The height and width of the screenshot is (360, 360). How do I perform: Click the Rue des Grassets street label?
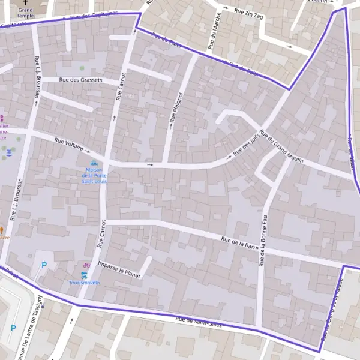click(x=80, y=80)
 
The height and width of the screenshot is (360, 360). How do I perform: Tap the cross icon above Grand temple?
click(x=25, y=2)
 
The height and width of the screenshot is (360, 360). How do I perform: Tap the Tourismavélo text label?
click(x=85, y=282)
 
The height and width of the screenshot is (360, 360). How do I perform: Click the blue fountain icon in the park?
click(x=9, y=154)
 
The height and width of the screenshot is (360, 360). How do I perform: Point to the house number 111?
click(x=130, y=96)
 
